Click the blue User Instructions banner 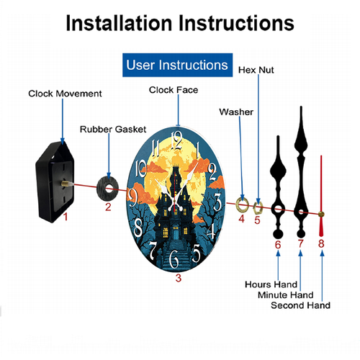177,65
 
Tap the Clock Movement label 65,94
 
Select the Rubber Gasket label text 113,130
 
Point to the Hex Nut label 256,70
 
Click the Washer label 236,112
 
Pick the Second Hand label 300,305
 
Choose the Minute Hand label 285,295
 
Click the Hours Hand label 271,284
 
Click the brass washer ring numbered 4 238,204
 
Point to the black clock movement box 54,182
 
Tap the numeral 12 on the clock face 177,140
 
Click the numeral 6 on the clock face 174,259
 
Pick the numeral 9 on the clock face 132,198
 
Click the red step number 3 179,278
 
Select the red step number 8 321,243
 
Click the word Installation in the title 119,23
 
